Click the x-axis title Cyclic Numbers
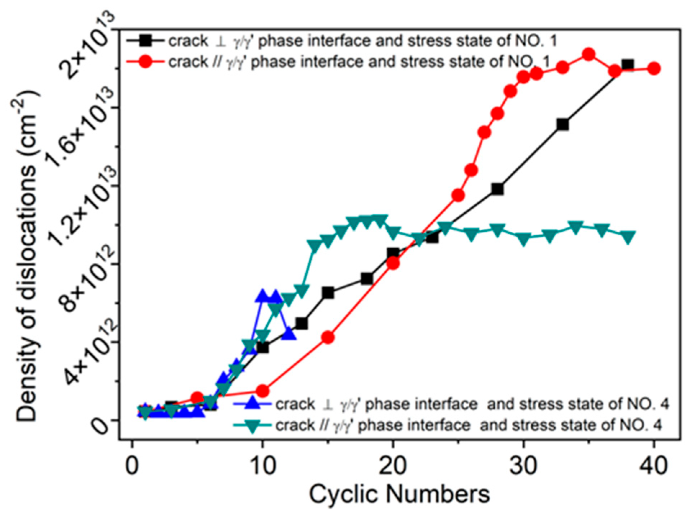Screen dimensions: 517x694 tap(399, 494)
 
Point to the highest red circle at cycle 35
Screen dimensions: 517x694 tap(589, 55)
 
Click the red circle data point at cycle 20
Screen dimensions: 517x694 tap(393, 263)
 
